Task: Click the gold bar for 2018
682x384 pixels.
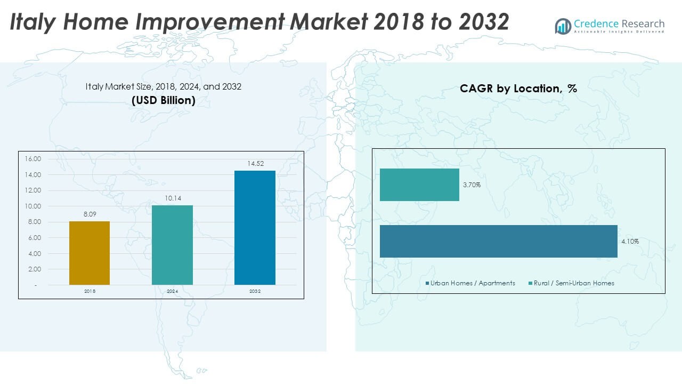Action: [90, 253]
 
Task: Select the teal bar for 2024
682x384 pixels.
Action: [172, 245]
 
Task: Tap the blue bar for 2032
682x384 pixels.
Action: [255, 228]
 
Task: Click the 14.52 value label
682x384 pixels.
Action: [255, 164]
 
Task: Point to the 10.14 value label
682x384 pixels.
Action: [172, 198]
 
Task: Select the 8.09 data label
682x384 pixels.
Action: [90, 214]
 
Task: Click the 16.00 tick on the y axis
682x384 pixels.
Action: [33, 159]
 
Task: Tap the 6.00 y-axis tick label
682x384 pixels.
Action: [35, 238]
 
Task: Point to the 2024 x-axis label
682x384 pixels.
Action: [172, 291]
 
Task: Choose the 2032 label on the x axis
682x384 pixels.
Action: [255, 291]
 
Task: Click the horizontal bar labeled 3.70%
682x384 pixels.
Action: [419, 185]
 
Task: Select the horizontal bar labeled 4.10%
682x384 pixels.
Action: [498, 241]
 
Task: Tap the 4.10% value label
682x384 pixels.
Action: [630, 242]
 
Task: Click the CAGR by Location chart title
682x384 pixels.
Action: [518, 89]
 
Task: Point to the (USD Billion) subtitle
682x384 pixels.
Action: [164, 100]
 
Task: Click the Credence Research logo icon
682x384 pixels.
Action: [563, 26]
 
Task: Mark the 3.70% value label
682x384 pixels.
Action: [472, 185]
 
